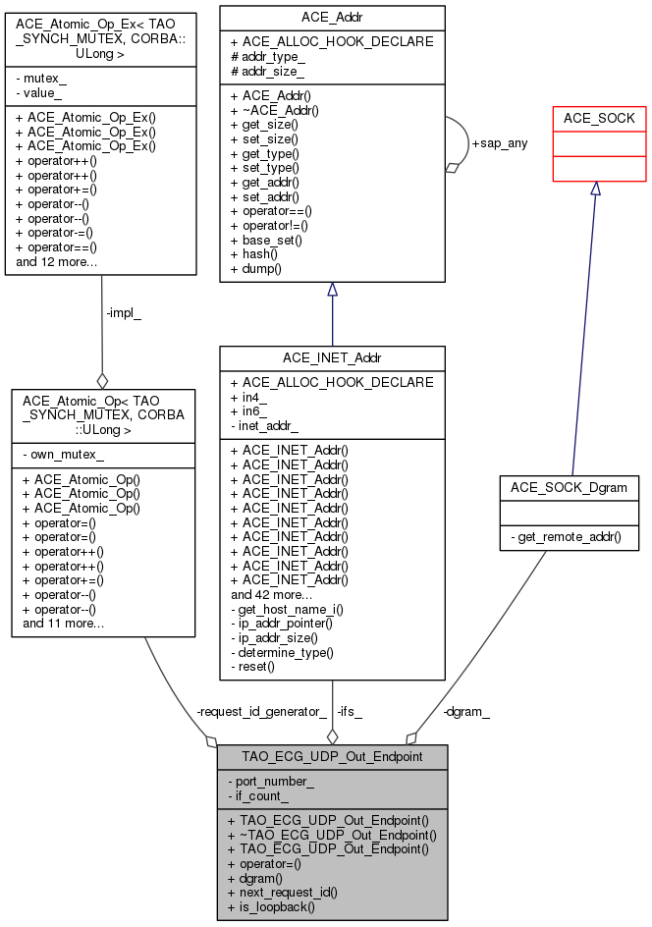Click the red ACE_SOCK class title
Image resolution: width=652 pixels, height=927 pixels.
pyautogui.click(x=598, y=118)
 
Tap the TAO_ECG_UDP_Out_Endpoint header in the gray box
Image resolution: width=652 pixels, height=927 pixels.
pyautogui.click(x=332, y=756)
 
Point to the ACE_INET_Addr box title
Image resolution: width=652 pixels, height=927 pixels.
pyautogui.click(x=332, y=358)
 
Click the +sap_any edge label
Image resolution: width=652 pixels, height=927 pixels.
pyautogui.click(x=500, y=142)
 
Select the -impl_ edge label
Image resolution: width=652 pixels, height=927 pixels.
pyautogui.click(x=123, y=314)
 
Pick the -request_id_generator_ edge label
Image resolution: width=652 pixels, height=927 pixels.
pyautogui.click(x=260, y=711)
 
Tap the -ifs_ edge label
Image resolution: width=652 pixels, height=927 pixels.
pyautogui.click(x=350, y=711)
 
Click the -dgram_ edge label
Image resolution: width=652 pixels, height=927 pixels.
pyautogui.click(x=466, y=711)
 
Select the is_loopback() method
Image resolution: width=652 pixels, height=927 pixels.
pyautogui.click(x=271, y=906)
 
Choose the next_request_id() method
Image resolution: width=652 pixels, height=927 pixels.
pyautogui.click(x=283, y=892)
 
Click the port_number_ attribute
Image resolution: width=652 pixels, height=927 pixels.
pyautogui.click(x=275, y=781)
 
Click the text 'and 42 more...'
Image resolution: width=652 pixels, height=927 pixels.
pyautogui.click(x=272, y=594)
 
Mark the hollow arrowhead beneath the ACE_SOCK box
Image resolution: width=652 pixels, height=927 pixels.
pyautogui.click(x=595, y=189)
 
